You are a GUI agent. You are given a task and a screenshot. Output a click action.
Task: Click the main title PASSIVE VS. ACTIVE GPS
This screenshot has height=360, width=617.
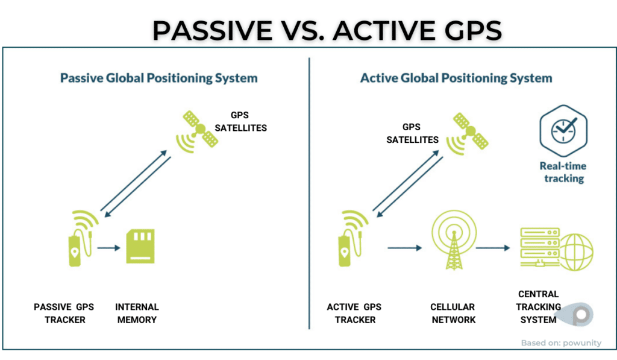coord(327,30)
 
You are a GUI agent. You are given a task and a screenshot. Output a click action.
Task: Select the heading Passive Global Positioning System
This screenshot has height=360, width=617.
coord(158,78)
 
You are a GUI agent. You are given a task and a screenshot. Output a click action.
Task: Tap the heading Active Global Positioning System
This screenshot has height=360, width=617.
coord(456,78)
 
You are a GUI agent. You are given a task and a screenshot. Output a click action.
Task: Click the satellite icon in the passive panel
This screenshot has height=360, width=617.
coord(197,131)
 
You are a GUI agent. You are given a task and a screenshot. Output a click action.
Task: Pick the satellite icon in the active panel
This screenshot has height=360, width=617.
coord(468,133)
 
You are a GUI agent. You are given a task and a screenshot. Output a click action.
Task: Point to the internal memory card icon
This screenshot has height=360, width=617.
coord(140,246)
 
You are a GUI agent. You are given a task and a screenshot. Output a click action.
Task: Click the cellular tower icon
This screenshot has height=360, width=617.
coord(454,239)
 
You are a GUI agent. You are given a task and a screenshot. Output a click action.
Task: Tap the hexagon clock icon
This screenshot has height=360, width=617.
coord(563,131)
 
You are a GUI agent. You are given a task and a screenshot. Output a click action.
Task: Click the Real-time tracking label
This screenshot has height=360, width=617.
coord(563,172)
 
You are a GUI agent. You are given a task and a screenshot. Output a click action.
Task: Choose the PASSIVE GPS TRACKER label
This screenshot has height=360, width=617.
coord(64,313)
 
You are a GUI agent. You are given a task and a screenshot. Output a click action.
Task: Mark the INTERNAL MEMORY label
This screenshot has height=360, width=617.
coord(137,313)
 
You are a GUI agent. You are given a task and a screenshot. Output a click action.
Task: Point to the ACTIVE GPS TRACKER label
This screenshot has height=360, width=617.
coord(354,313)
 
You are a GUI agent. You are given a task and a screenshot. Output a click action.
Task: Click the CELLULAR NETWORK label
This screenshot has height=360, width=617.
coord(453,313)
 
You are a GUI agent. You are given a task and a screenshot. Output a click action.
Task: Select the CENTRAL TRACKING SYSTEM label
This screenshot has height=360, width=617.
coord(539,307)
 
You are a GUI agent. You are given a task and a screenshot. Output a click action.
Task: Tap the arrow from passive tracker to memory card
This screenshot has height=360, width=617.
coord(108,248)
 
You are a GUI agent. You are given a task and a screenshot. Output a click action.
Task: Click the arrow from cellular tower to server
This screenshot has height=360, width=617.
coord(493,248)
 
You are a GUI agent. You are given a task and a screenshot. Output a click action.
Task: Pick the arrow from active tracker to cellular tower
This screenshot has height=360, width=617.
coord(405,248)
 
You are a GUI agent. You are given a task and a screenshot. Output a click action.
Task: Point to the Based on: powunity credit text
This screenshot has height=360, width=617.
coord(561,343)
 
